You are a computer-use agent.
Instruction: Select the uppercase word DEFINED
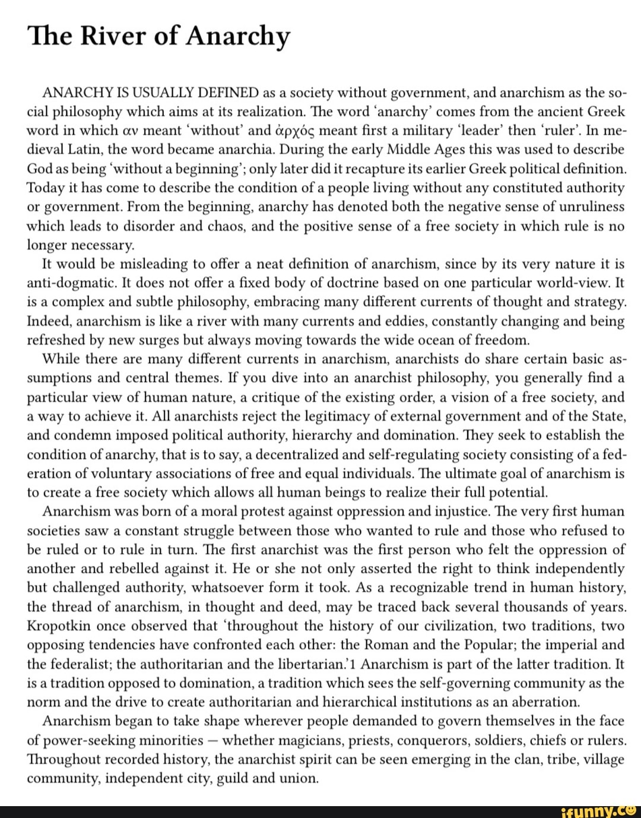(227, 93)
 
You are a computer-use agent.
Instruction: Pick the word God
(40, 169)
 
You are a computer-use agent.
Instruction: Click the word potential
(518, 492)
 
